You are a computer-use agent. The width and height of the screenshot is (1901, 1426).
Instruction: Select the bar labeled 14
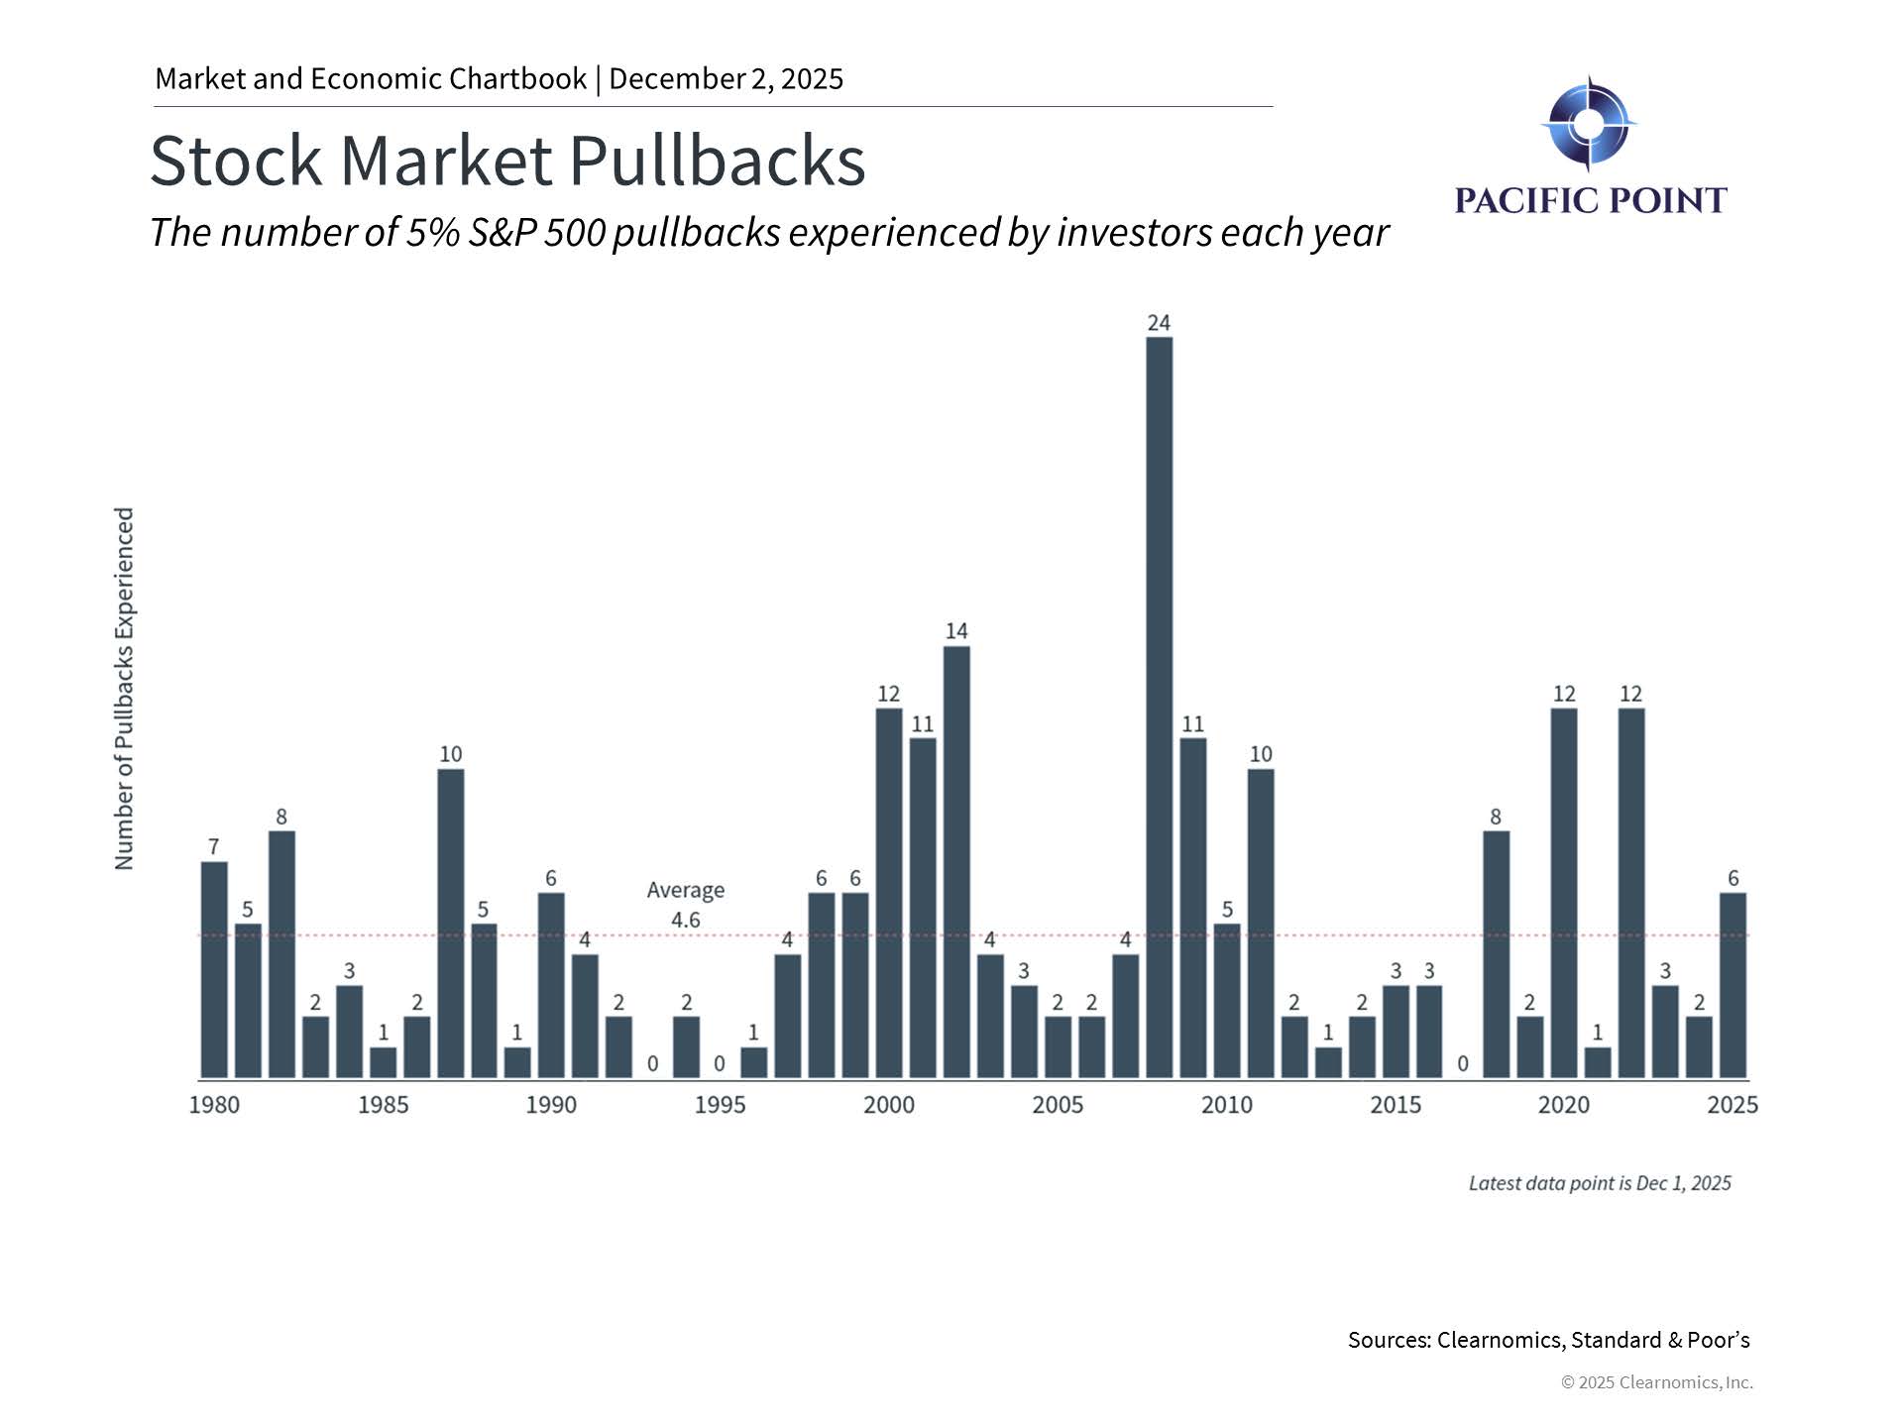tap(956, 861)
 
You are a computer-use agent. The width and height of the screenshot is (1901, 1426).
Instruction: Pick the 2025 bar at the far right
tap(1733, 985)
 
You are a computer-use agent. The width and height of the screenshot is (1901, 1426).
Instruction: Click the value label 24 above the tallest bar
tap(1159, 323)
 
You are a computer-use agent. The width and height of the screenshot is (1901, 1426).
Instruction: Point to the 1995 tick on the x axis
tap(720, 1105)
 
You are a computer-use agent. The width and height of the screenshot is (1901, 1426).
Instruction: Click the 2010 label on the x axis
tap(1226, 1105)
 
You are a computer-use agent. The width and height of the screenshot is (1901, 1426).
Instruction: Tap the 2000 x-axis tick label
tap(889, 1105)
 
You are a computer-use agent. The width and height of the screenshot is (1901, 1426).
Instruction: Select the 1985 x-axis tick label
tap(383, 1105)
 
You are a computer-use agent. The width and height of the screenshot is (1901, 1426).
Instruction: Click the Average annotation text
tap(685, 890)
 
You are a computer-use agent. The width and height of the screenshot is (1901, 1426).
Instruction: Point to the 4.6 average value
tap(685, 921)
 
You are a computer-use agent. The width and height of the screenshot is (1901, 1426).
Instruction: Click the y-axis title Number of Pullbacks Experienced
tap(124, 689)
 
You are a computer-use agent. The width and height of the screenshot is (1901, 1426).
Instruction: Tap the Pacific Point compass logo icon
tap(1589, 124)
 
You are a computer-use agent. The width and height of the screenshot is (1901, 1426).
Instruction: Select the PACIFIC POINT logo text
tap(1590, 200)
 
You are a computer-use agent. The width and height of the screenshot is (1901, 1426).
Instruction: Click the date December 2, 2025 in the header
tap(726, 79)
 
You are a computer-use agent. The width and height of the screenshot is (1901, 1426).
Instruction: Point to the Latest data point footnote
tap(1599, 1183)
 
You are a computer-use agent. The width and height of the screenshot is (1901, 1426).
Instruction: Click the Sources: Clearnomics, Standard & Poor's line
tap(1548, 1340)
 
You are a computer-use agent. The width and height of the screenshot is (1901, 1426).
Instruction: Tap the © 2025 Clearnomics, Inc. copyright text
tap(1656, 1382)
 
